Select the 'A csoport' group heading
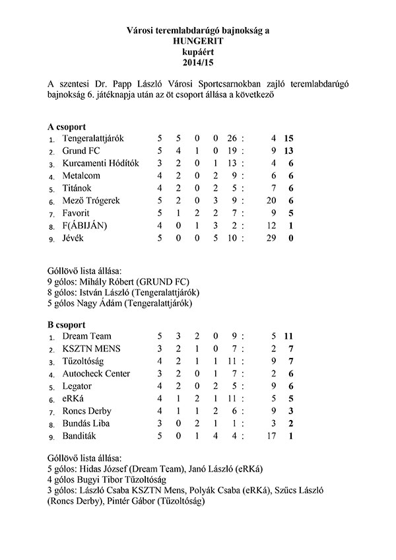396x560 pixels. [x=67, y=126]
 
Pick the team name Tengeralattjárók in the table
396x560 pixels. [x=93, y=139]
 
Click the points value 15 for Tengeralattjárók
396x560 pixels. [x=288, y=139]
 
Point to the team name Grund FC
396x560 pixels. [x=81, y=151]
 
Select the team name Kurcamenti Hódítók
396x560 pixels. [x=100, y=164]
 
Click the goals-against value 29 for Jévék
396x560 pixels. [x=271, y=238]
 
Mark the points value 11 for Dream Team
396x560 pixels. [x=288, y=337]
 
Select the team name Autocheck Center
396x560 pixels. [x=96, y=374]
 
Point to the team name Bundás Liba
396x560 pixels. [x=86, y=423]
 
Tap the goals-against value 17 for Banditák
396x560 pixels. [x=271, y=435]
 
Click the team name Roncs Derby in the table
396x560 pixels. [x=87, y=411]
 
